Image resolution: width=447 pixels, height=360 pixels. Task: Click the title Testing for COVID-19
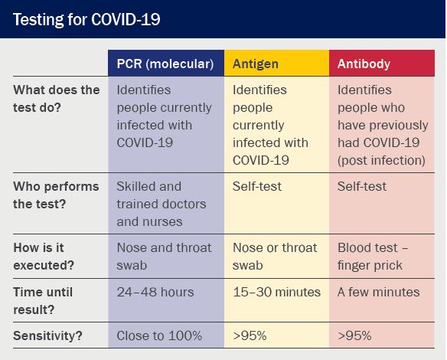(86, 20)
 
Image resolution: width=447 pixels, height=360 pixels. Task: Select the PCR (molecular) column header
(165, 64)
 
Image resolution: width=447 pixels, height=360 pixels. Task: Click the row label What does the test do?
(57, 99)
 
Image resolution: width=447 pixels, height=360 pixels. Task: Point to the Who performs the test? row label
(56, 195)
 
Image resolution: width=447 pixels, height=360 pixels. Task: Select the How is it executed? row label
(44, 257)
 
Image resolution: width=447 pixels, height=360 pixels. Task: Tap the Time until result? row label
(43, 301)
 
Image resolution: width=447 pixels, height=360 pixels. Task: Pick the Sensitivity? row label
(47, 335)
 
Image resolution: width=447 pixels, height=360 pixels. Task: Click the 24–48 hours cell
(155, 292)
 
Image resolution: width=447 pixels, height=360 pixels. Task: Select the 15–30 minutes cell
(276, 292)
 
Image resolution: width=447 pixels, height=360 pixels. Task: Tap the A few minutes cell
(379, 292)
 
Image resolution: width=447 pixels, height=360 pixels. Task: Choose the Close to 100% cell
(159, 335)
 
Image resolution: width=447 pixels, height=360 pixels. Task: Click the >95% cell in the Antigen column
(250, 335)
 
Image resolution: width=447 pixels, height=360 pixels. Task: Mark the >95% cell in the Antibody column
(354, 335)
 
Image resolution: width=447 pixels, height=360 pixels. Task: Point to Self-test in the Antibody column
(362, 187)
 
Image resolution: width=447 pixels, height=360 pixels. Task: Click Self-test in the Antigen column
(257, 187)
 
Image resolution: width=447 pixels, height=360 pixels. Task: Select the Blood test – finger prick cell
(373, 257)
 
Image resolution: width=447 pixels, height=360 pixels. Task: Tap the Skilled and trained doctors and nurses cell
(162, 204)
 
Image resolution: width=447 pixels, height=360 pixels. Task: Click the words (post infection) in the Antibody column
(381, 160)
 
